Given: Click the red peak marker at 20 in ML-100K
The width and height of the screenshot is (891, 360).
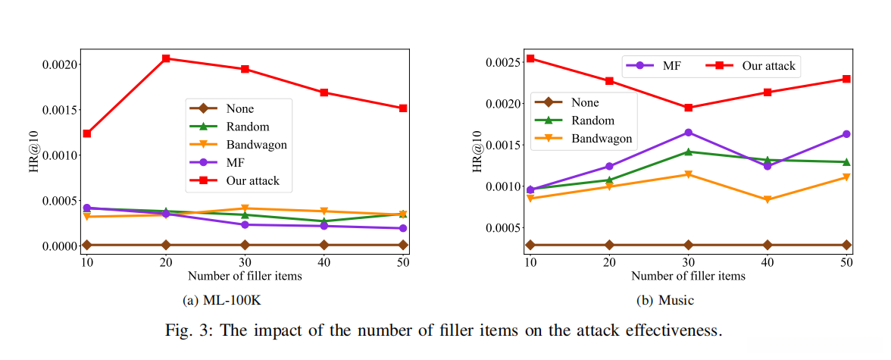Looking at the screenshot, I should [166, 58].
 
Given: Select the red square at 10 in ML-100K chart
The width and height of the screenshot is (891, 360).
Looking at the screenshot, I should [87, 133].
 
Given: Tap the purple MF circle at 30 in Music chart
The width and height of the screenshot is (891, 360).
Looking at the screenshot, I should [688, 133].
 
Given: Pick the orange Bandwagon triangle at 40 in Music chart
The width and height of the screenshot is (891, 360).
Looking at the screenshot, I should [768, 200].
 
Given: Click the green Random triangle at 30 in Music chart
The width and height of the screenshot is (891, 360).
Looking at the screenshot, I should [688, 152].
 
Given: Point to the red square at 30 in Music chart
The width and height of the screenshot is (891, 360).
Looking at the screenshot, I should [688, 108].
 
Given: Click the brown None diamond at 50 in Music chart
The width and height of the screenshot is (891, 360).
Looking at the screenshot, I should [846, 245].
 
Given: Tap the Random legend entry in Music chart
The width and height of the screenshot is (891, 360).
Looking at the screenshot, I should [592, 121].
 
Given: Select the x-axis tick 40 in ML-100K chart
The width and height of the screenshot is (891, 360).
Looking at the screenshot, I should [324, 261].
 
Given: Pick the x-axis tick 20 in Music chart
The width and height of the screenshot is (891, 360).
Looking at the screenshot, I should [609, 261].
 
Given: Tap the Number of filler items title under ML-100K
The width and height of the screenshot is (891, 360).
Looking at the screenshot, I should [245, 276].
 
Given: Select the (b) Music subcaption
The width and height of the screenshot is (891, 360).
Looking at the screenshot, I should [664, 301].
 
